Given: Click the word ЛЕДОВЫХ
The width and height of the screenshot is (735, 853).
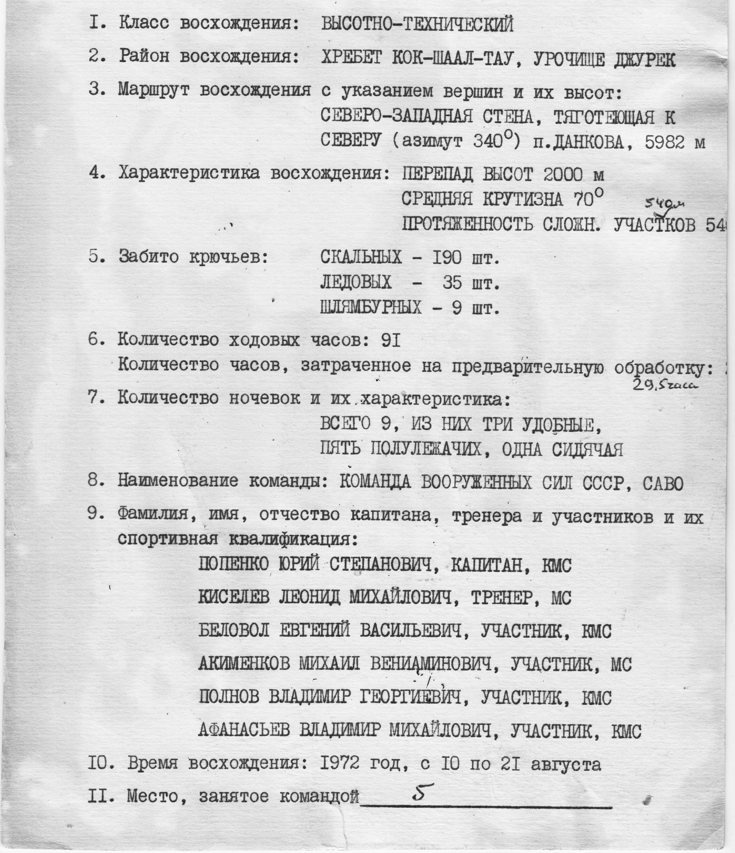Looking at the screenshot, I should click(x=356, y=282).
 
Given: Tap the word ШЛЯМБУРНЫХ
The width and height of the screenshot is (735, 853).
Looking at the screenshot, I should click(x=371, y=307).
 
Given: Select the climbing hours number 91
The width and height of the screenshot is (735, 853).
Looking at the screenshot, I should click(x=391, y=341).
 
